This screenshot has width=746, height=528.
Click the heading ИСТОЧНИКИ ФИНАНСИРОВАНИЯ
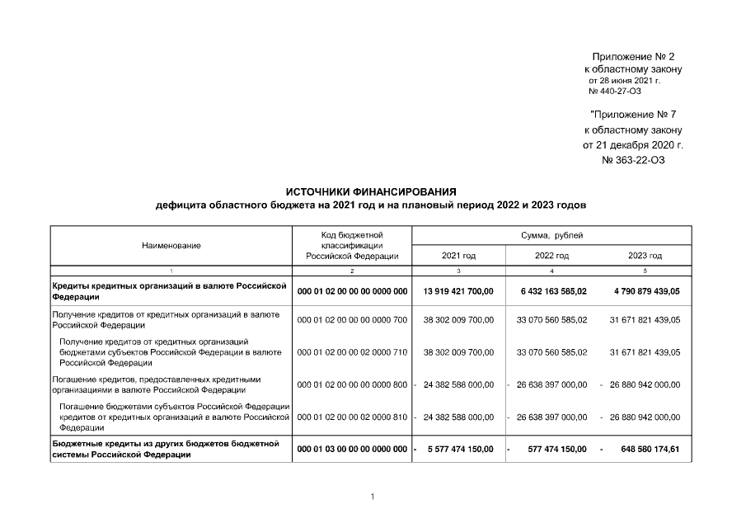[x=370, y=191]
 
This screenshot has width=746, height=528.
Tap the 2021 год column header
[x=458, y=256]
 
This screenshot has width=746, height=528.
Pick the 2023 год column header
[x=645, y=256]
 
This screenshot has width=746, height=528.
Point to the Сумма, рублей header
[x=551, y=235]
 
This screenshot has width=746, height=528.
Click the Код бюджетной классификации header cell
[x=352, y=245]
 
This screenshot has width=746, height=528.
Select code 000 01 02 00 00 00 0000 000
[x=352, y=291]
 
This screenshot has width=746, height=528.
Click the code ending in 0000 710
[x=352, y=351]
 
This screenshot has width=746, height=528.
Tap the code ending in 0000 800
[x=352, y=384]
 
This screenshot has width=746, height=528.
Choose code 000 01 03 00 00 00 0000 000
[x=352, y=449]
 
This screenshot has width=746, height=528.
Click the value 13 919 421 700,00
[x=458, y=291]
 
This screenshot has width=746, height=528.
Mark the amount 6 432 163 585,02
[x=552, y=291]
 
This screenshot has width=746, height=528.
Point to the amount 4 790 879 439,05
[x=645, y=291]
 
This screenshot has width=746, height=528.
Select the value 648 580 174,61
[x=650, y=449]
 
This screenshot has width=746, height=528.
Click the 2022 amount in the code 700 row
[x=552, y=319]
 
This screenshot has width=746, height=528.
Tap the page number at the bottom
[x=373, y=497]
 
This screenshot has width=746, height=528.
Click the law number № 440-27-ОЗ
[x=614, y=91]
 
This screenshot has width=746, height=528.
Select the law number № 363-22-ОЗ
[x=633, y=160]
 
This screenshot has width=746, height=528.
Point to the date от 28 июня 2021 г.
[x=624, y=81]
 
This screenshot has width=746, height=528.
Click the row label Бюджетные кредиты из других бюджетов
[x=165, y=449]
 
